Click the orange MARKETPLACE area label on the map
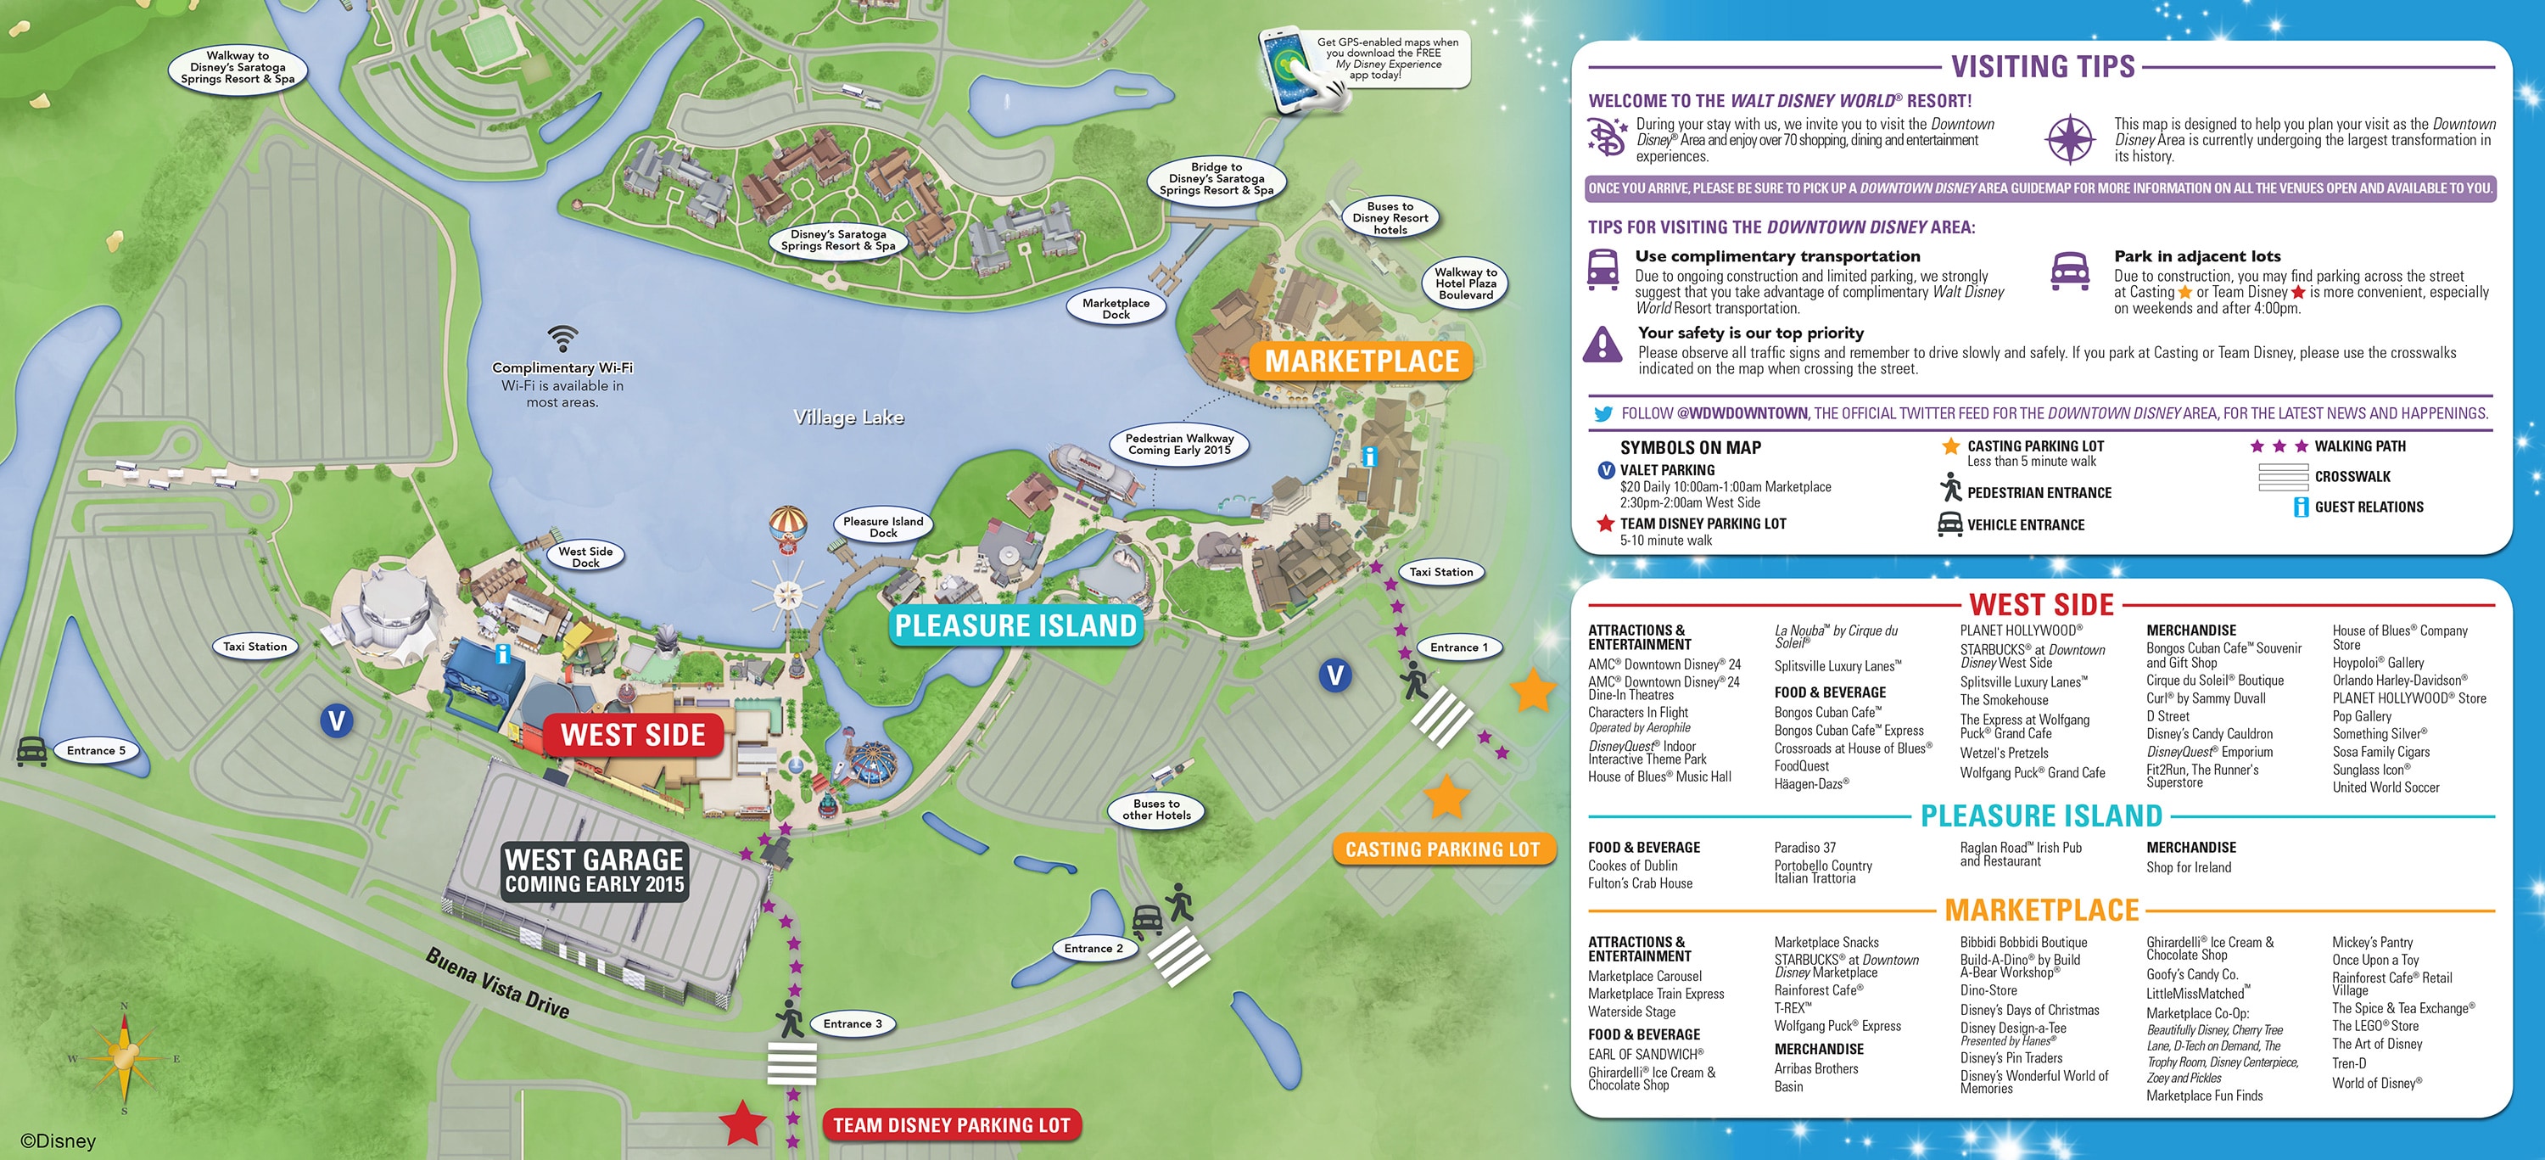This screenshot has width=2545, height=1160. pos(1362,361)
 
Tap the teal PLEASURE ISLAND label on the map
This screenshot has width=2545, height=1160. pos(1015,625)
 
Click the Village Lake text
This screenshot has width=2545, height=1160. pos(848,417)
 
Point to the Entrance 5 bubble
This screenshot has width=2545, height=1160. pos(96,751)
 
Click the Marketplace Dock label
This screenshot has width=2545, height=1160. pos(1116,308)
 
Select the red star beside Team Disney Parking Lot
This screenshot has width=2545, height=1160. pos(742,1123)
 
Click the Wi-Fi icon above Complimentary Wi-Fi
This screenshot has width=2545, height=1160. pos(562,339)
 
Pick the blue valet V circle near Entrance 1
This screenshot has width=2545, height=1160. pos(1334,675)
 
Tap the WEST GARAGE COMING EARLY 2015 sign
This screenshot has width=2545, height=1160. pos(594,871)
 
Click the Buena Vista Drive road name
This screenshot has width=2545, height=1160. pos(497,983)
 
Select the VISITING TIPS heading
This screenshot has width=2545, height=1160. pos(2042,66)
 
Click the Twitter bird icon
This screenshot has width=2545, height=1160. pos(1602,414)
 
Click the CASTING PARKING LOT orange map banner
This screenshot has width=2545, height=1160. pos(1442,849)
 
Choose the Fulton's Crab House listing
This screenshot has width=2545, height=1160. pos(1639,883)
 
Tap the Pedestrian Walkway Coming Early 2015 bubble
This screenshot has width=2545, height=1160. pos(1180,444)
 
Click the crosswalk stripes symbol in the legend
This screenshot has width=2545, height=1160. pos(2282,477)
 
